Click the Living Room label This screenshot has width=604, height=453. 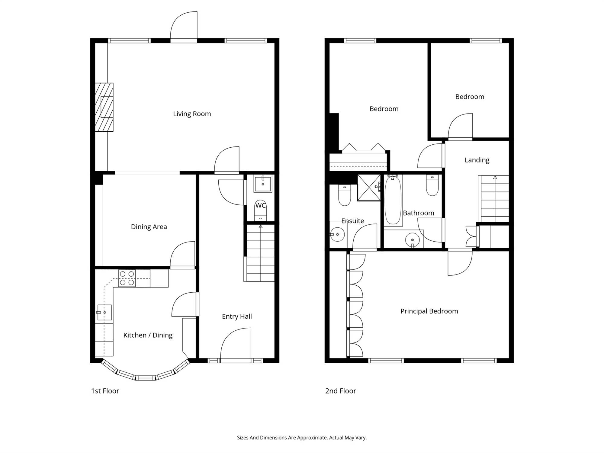(x=192, y=114)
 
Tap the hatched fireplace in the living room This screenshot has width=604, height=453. (x=104, y=107)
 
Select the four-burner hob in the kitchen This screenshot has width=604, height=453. (x=127, y=278)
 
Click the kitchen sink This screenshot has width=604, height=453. (x=104, y=313)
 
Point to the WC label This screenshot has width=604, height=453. (x=261, y=206)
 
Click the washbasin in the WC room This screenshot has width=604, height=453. (x=263, y=184)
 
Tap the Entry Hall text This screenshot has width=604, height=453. (x=237, y=316)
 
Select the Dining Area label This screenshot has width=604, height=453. (x=149, y=227)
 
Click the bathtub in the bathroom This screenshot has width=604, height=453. (x=393, y=200)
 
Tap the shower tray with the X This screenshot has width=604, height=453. (x=369, y=188)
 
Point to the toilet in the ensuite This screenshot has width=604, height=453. (x=345, y=195)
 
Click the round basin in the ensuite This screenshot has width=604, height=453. (x=337, y=234)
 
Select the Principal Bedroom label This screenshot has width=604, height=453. (x=429, y=311)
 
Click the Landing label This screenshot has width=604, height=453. (x=477, y=160)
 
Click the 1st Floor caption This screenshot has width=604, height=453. (x=105, y=391)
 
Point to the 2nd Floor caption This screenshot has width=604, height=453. (x=341, y=391)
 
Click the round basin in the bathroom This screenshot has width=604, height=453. (x=413, y=240)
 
